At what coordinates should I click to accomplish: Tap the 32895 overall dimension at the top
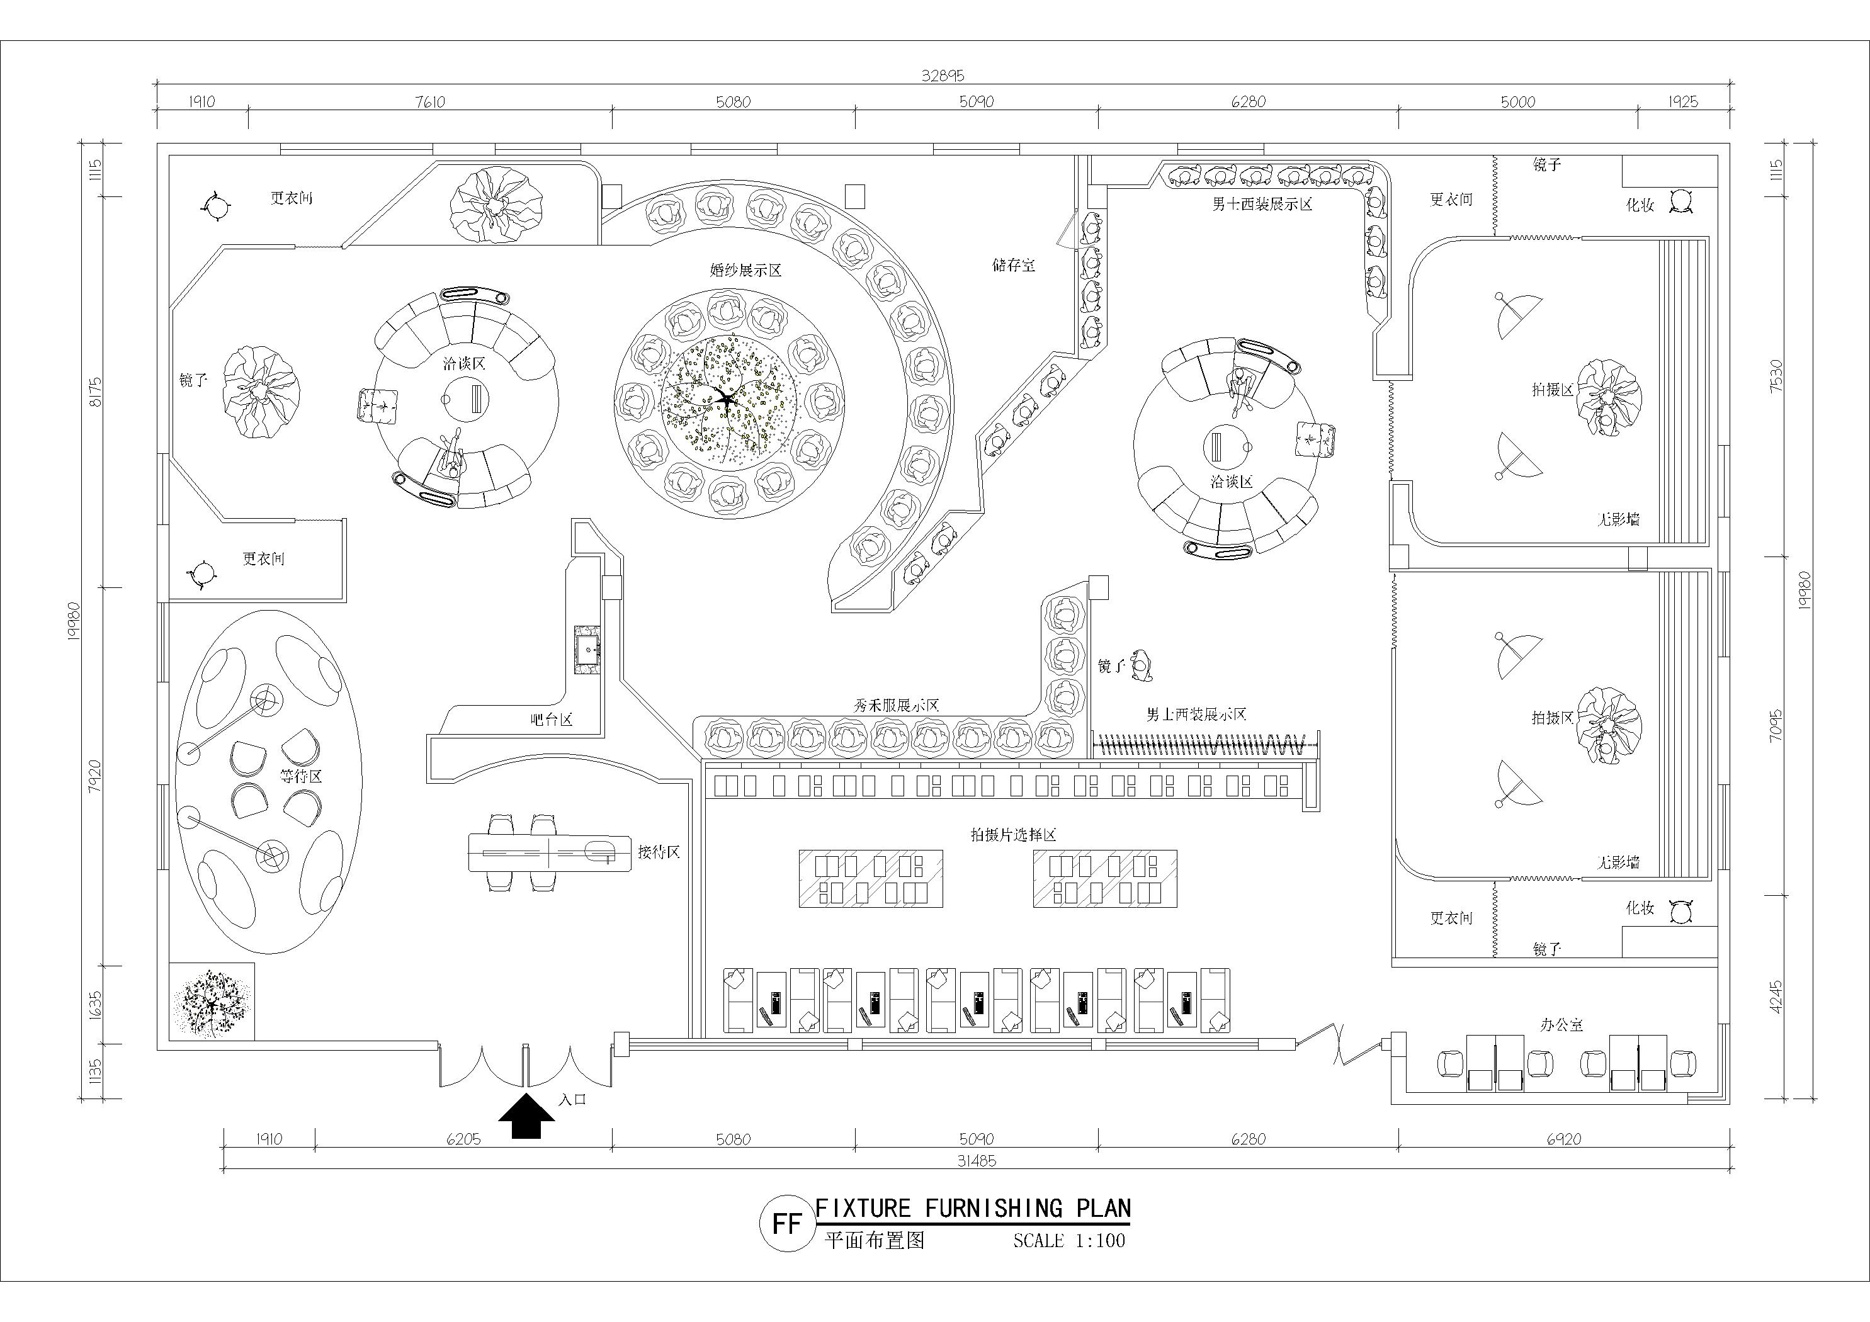(x=943, y=76)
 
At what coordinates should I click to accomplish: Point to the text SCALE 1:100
(x=1068, y=1241)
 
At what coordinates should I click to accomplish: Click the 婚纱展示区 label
(x=745, y=271)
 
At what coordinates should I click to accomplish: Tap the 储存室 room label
(x=1013, y=265)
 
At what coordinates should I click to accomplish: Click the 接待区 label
(x=658, y=852)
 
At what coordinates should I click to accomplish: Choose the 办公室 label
(x=1561, y=1025)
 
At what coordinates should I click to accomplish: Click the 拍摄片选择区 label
(x=1013, y=835)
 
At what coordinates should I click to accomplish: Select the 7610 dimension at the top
(x=430, y=102)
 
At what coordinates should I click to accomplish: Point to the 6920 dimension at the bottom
(x=1563, y=1139)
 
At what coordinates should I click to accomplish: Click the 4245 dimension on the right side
(x=1776, y=996)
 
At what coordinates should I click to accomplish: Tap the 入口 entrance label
(x=572, y=1099)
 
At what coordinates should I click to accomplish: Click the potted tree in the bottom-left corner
(x=212, y=1002)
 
